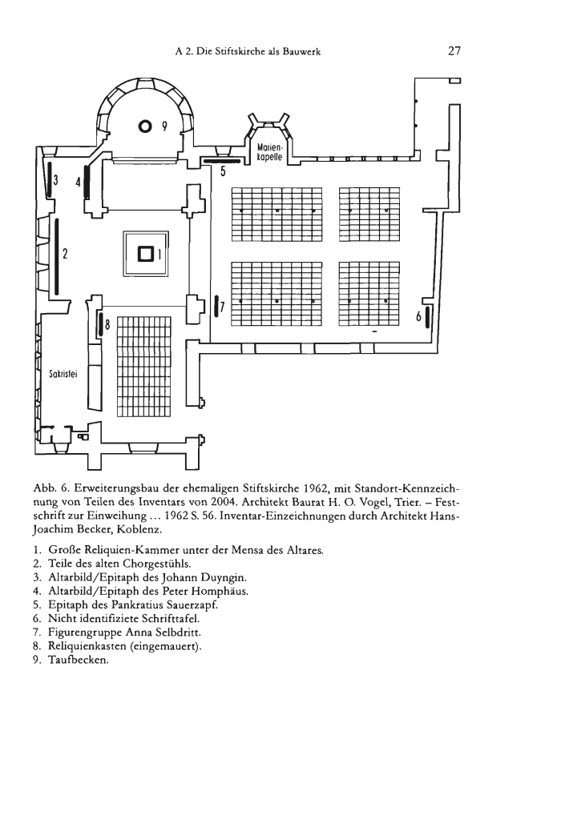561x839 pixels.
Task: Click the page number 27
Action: click(x=454, y=51)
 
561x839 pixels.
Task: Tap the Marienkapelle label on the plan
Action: click(x=269, y=152)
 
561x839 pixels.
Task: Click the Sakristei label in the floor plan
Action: click(x=64, y=374)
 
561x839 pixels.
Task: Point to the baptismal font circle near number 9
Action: click(x=145, y=126)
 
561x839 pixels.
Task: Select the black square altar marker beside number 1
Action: click(x=147, y=253)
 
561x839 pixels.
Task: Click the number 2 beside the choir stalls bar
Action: click(x=65, y=254)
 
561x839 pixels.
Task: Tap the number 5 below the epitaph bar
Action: click(x=222, y=172)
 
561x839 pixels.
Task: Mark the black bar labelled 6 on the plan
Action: click(x=427, y=317)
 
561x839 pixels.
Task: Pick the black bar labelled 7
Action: click(x=216, y=306)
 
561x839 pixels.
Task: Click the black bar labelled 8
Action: click(x=99, y=323)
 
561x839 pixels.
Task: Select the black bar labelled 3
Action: click(x=50, y=180)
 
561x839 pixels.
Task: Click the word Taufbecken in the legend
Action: click(x=79, y=660)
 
